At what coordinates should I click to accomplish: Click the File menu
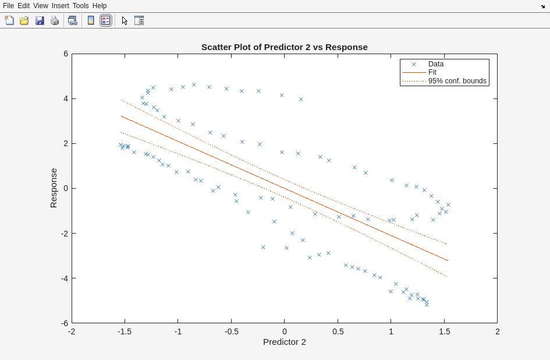click(x=8, y=6)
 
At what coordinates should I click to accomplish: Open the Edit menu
click(x=23, y=6)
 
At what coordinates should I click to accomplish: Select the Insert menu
click(x=60, y=6)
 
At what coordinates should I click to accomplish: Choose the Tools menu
click(x=81, y=6)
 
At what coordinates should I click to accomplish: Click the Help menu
click(x=100, y=6)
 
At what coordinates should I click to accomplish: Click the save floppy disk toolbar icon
click(x=40, y=20)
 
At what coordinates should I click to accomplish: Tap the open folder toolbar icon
click(x=24, y=20)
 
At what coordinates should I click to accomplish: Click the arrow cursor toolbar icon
click(x=125, y=20)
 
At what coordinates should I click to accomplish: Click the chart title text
click(x=284, y=47)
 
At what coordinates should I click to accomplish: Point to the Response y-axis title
click(x=54, y=188)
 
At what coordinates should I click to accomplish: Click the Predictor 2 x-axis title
click(x=284, y=342)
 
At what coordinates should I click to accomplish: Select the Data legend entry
click(x=435, y=64)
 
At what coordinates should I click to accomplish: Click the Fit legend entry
click(x=432, y=72)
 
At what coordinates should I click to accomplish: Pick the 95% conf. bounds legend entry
click(x=457, y=81)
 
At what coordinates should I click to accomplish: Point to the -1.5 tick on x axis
click(x=125, y=331)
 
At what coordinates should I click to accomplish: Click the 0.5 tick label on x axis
click(x=338, y=331)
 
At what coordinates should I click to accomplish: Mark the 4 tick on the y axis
click(x=66, y=98)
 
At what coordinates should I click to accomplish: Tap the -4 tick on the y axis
click(x=65, y=278)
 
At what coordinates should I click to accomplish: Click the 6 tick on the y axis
click(x=66, y=54)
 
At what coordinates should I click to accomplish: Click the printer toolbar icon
click(x=55, y=20)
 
